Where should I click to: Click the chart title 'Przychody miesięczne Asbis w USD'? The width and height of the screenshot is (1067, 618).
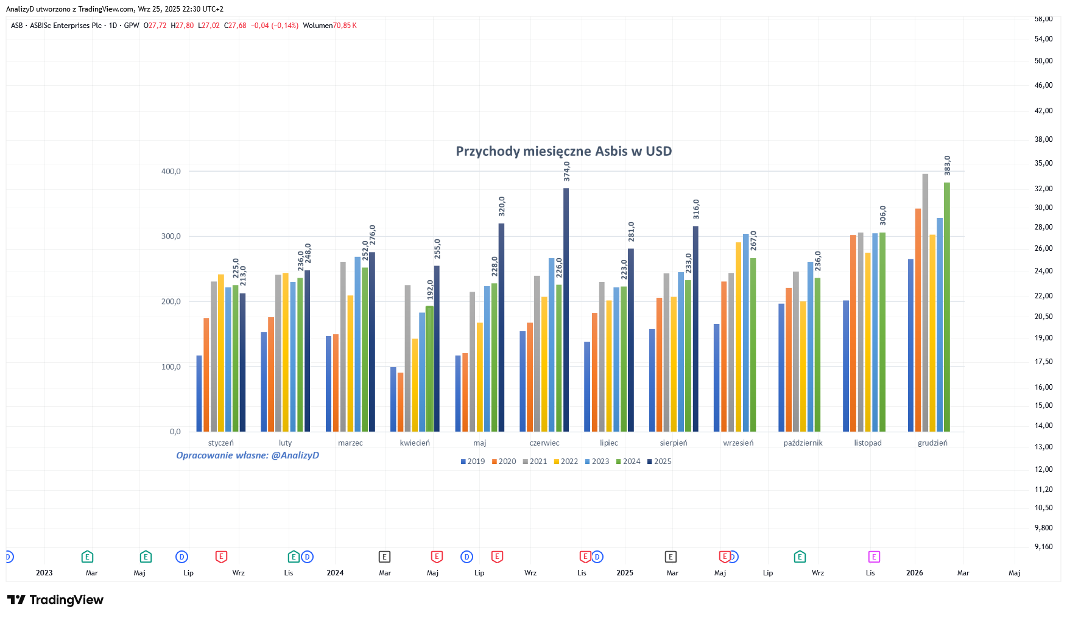pos(564,152)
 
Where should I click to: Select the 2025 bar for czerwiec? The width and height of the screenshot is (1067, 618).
pos(566,310)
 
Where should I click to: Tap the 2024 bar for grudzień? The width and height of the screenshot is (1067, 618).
pos(947,307)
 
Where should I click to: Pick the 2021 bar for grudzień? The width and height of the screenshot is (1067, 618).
pos(925,303)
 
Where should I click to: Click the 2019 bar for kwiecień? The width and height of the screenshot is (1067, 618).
pos(393,399)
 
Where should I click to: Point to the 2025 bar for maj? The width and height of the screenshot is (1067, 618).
pos(502,328)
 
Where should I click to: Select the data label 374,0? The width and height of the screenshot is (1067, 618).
pos(567,171)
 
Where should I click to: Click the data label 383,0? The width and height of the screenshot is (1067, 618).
pos(948,166)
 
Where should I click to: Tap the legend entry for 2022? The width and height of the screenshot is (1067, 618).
pos(566,462)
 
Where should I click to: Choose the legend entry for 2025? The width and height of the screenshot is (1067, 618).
pos(659,462)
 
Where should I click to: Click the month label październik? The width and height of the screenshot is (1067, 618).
pos(803,443)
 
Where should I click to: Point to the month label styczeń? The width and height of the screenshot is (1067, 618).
pos(220,443)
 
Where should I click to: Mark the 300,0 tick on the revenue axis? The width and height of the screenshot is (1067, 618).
pos(171,236)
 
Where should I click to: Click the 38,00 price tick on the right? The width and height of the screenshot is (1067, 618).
pos(1044,139)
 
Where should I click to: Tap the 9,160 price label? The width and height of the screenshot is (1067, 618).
pos(1044,547)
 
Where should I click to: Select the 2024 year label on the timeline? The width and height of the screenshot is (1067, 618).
pos(335,573)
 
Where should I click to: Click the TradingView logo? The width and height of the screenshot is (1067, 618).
pos(55,600)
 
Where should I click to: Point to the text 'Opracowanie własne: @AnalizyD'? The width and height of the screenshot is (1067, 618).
pos(247,455)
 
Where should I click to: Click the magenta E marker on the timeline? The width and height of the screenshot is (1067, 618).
pos(874,557)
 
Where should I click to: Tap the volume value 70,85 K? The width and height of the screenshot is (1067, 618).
pos(345,26)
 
